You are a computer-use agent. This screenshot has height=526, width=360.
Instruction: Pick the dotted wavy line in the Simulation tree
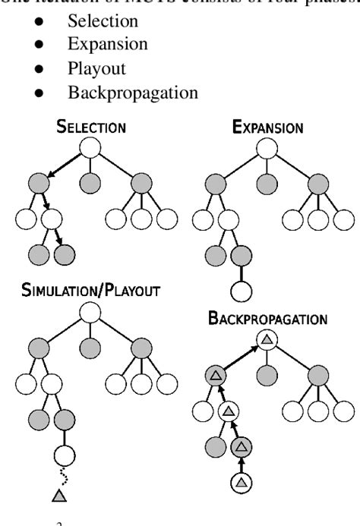pos(58,475)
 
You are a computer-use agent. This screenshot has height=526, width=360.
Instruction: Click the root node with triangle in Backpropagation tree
pos(266,341)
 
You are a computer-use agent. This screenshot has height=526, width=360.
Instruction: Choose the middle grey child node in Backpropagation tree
pos(266,375)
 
